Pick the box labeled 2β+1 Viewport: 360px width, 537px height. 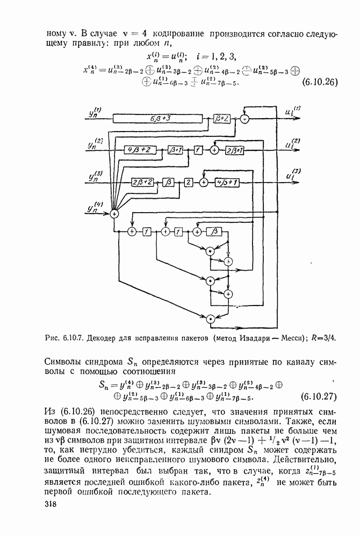[235, 150]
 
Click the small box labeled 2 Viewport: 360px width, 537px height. [189, 182]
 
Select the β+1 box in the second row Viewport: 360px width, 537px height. [175, 149]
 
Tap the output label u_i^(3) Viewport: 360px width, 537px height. [293, 176]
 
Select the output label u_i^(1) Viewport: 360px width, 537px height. [294, 112]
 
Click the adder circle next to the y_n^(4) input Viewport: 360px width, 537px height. [114, 213]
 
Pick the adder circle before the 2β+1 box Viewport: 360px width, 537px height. [214, 150]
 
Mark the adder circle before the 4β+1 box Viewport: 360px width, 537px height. [204, 182]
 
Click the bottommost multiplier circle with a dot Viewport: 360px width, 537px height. [211, 318]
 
